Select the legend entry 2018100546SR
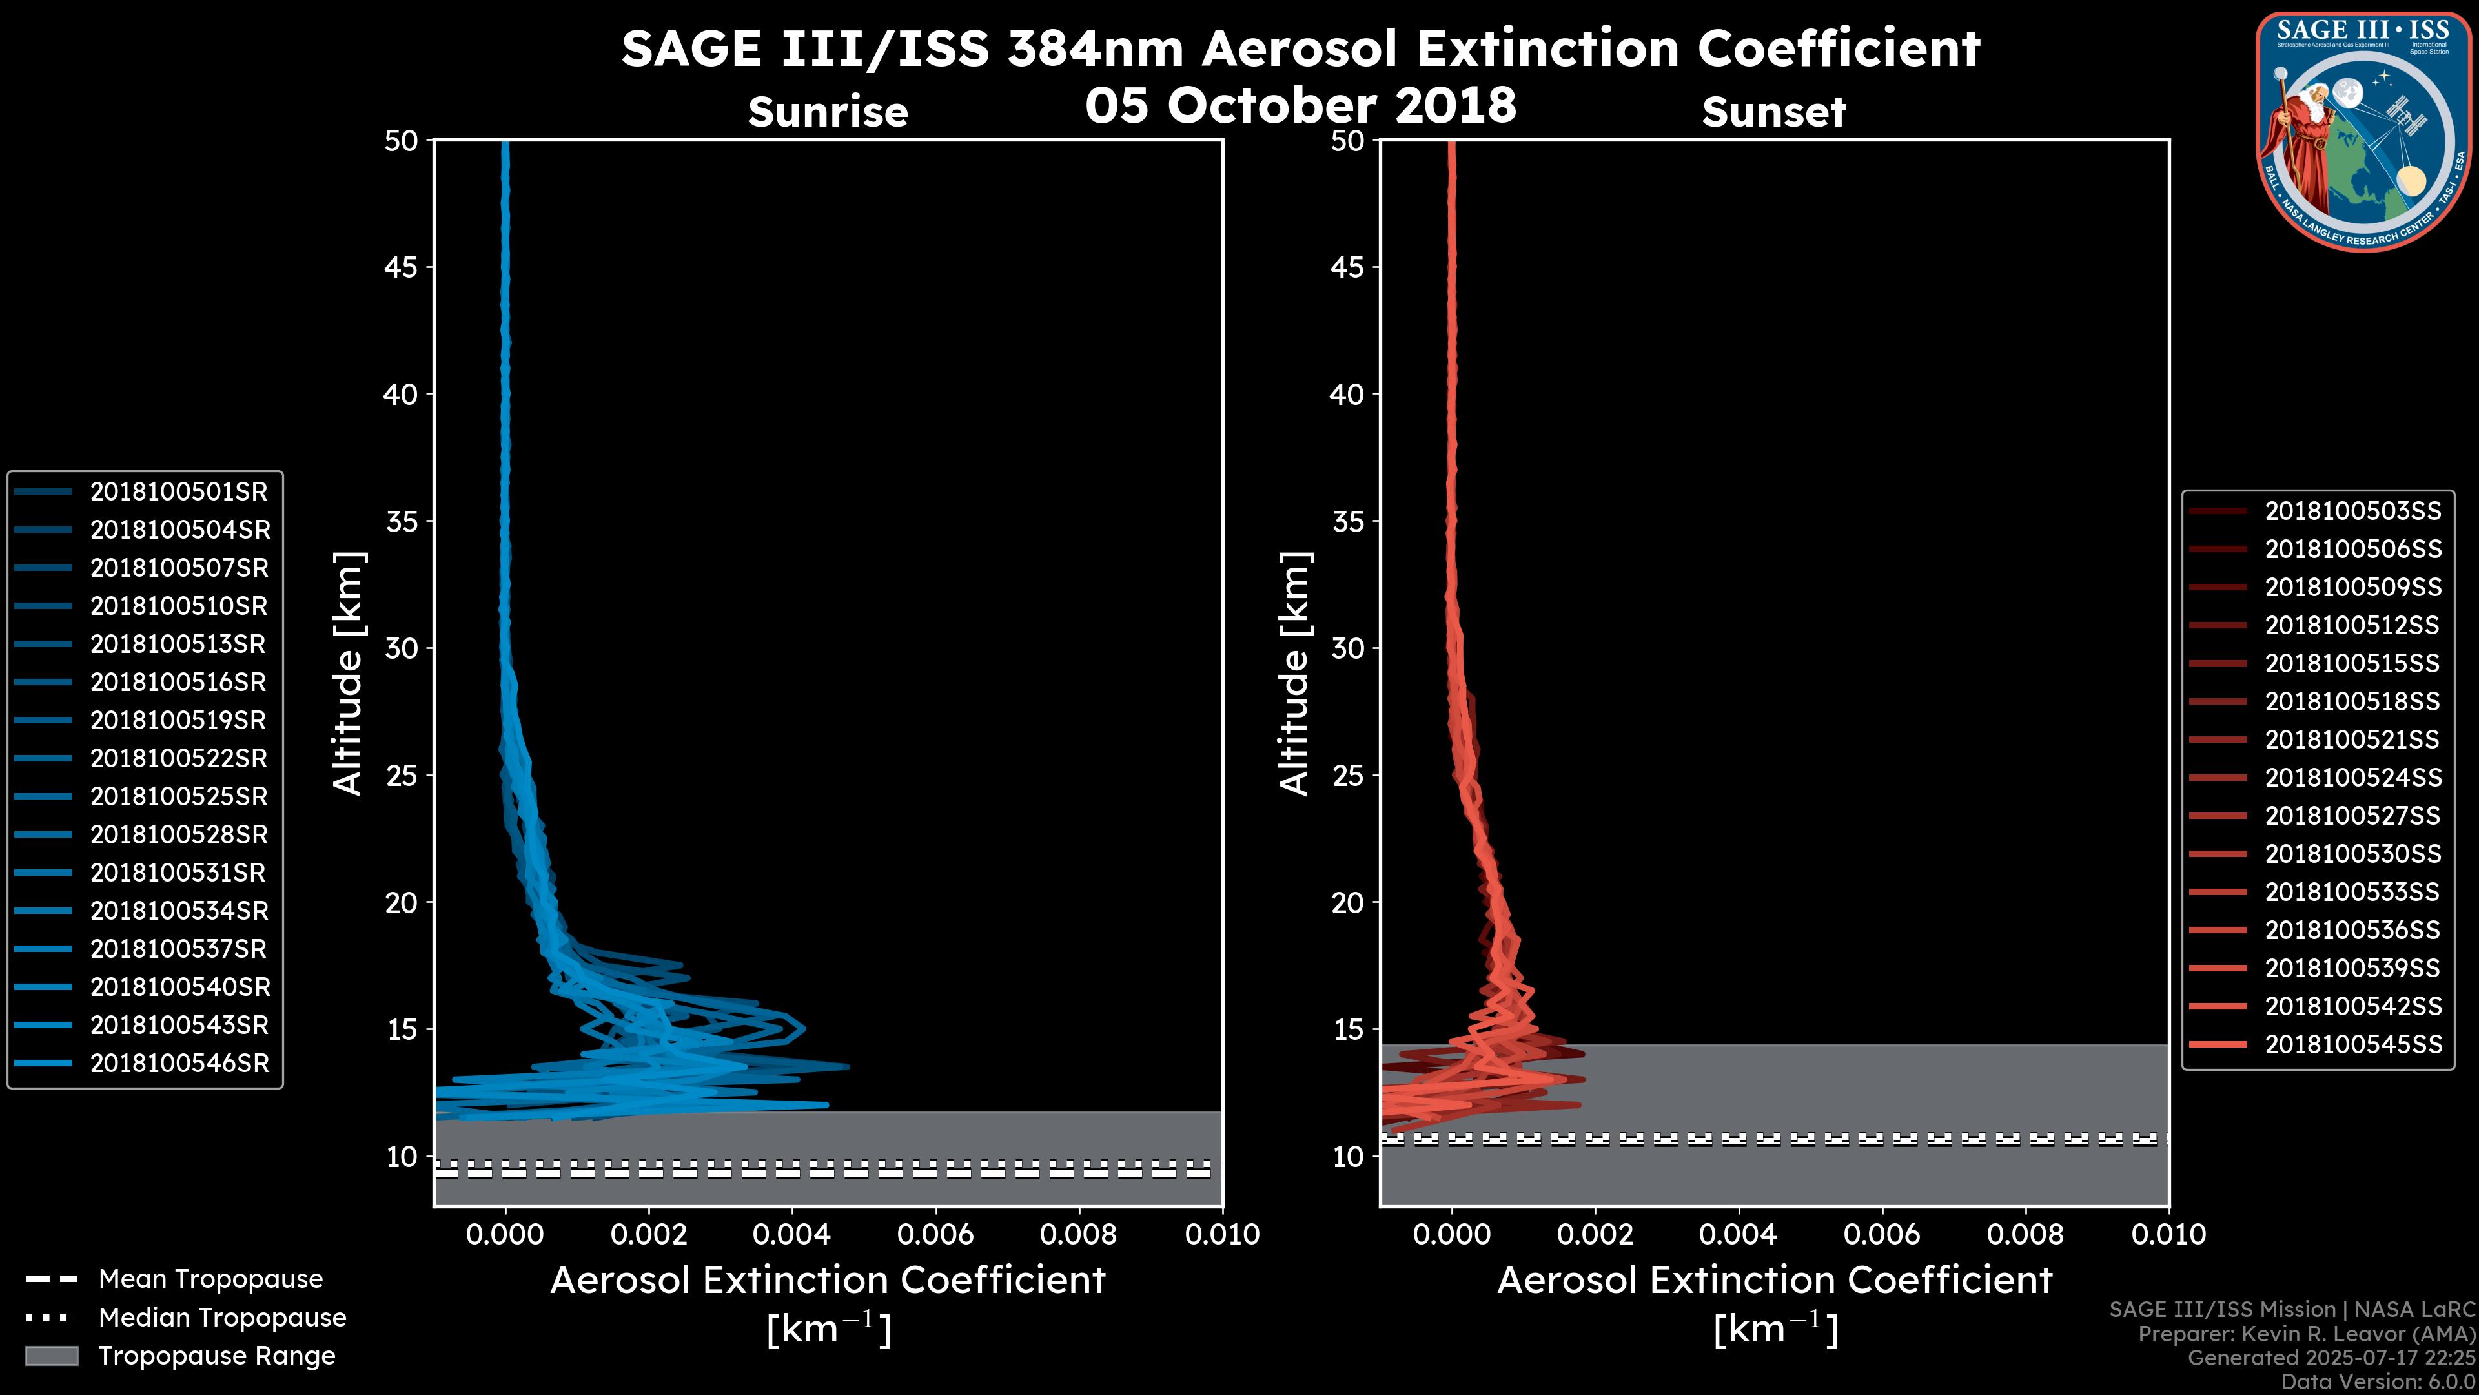coord(179,1064)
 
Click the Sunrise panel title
coord(828,112)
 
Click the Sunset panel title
coord(1773,112)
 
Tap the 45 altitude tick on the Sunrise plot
coord(402,267)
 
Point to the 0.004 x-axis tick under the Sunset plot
coord(1738,1234)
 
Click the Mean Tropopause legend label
coord(210,1279)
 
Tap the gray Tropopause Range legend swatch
coord(52,1356)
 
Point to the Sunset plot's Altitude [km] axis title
coord(1294,674)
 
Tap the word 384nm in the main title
coord(1095,48)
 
